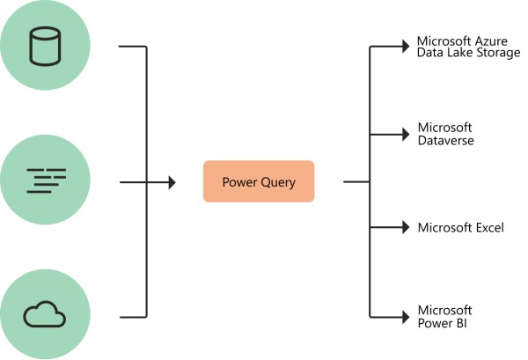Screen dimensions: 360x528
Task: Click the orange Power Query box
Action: click(x=258, y=181)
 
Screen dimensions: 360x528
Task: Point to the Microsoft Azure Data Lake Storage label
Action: click(x=468, y=47)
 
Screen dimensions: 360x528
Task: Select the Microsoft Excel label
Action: click(x=460, y=228)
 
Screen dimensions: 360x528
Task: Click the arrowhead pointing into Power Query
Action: click(x=172, y=182)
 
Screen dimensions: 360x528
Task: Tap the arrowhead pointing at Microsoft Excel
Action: click(x=407, y=227)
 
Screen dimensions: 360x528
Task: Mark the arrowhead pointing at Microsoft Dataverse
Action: click(x=407, y=135)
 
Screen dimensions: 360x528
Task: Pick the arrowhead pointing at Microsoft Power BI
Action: click(x=407, y=317)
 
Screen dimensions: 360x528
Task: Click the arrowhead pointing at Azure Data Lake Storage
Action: click(x=407, y=46)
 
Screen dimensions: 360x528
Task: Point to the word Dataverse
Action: click(x=446, y=140)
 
